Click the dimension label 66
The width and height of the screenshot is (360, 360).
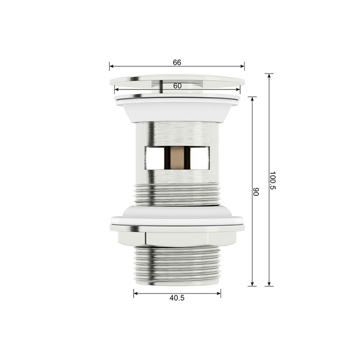pos(177,62)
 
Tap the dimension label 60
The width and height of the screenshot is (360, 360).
pos(177,86)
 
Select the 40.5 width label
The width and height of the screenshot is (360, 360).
pos(177,298)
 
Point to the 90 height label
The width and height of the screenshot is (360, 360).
pos(256,192)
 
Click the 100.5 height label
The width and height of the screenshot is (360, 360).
pos(272,180)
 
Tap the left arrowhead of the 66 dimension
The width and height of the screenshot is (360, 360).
pos(112,66)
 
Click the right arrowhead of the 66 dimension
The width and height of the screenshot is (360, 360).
pos(242,66)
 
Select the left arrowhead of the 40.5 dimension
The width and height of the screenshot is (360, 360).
pos(136,293)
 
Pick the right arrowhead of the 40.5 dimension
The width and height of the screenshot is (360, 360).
pos(219,293)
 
